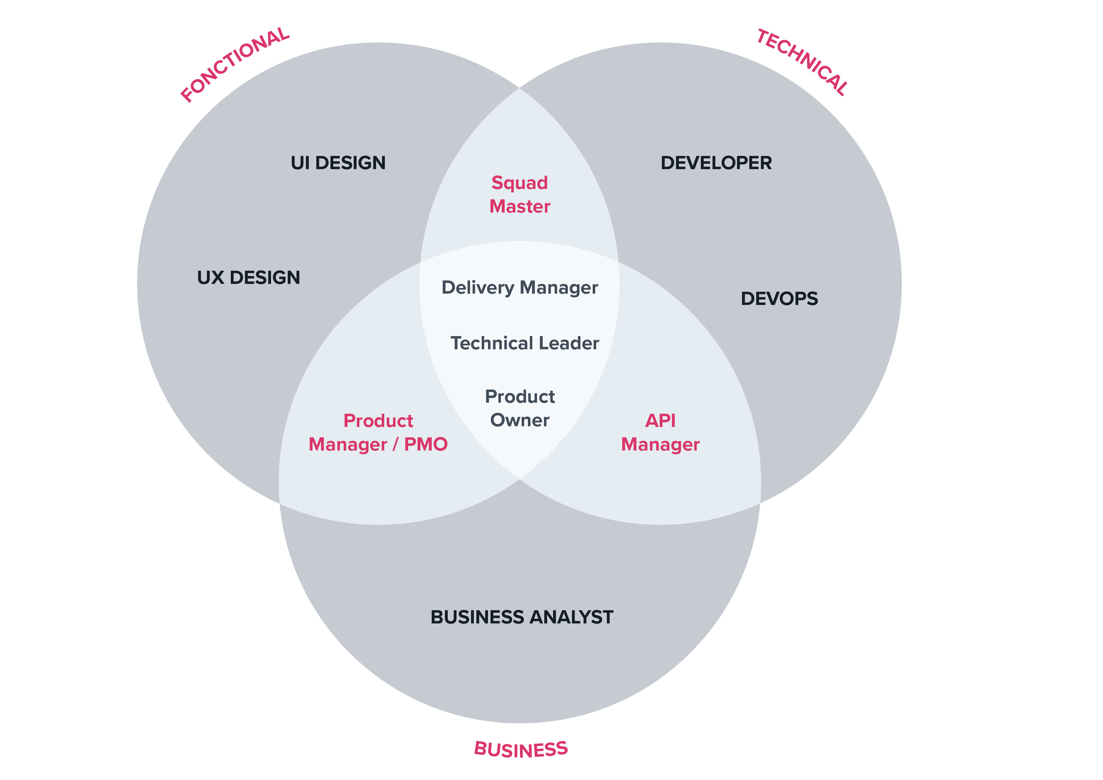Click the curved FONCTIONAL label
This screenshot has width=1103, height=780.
(235, 64)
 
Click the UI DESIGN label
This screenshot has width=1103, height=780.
(338, 163)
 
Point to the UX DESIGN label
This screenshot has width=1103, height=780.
(248, 278)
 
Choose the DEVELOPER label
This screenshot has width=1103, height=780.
(716, 163)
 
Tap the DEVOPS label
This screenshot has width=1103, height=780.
(779, 299)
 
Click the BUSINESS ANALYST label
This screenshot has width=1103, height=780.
(522, 617)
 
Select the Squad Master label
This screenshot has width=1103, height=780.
(520, 195)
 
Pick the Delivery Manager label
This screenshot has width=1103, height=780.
(520, 288)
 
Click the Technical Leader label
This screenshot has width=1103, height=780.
(524, 343)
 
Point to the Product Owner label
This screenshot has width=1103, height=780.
(520, 408)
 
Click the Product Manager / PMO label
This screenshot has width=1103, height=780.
(378, 432)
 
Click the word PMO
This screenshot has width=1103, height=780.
(426, 444)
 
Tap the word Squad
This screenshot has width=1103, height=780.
(520, 183)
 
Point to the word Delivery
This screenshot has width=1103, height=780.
(478, 288)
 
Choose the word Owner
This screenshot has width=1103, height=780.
(520, 420)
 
